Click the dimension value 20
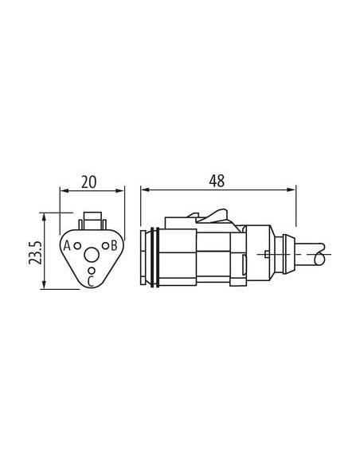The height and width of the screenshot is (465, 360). tap(88, 182)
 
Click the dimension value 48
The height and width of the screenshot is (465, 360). tap(217, 182)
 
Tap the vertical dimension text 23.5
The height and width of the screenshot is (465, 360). tap(35, 252)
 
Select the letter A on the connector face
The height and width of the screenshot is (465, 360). tap(68, 245)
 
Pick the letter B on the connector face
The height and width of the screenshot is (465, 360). tap(114, 245)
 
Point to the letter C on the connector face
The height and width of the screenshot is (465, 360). tap(91, 281)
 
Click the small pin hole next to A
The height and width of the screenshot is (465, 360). tap(77, 245)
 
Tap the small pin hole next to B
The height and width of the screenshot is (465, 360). tap(106, 245)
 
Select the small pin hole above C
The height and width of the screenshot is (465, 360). tap(92, 271)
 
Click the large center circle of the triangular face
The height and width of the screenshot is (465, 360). tap(92, 255)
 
